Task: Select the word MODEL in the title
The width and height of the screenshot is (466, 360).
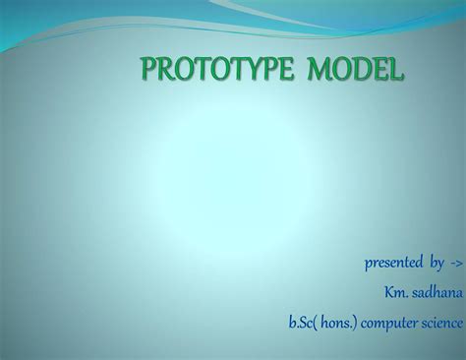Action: (x=355, y=71)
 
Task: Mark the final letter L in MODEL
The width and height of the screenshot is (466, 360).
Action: (x=395, y=71)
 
